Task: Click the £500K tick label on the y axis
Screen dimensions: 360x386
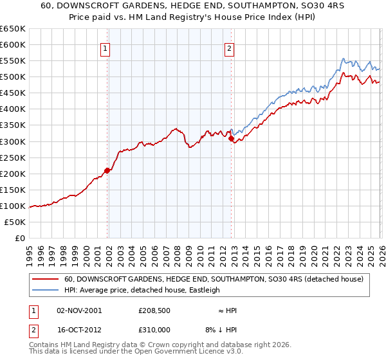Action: click(13, 77)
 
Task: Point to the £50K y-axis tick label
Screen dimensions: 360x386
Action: click(15, 222)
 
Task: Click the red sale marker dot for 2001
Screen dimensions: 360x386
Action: click(107, 170)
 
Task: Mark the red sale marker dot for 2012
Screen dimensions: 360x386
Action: click(231, 138)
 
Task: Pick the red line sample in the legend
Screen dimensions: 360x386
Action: click(46, 279)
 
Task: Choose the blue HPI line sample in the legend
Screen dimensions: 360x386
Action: click(46, 290)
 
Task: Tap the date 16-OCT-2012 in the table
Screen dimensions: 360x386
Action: click(78, 329)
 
